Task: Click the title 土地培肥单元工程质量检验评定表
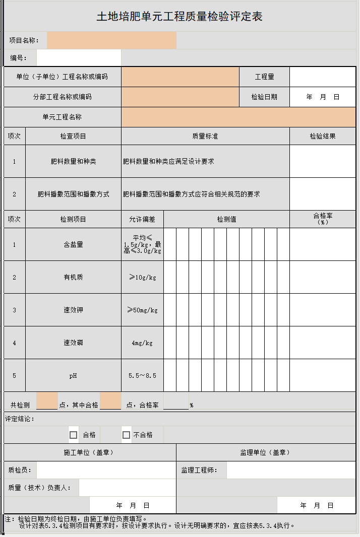pos(179,17)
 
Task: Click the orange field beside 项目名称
pos(111,40)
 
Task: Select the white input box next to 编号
pos(79,58)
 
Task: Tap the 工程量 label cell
pos(264,77)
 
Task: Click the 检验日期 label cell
pos(264,97)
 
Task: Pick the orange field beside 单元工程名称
pos(238,117)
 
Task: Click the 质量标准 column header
pos(205,136)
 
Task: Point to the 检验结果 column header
pos(322,136)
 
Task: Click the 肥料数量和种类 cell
pos(73,162)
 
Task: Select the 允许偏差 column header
pos(142,219)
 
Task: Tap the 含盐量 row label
pos(73,244)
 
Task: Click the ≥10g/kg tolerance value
pos(142,277)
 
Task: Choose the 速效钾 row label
pos(73,310)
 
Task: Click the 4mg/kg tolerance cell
pos(142,343)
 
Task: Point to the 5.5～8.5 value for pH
pos(142,375)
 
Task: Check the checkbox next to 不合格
pos(127,435)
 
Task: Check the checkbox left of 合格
pos(74,435)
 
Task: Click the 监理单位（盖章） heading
pos(266,452)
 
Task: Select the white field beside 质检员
pos(106,470)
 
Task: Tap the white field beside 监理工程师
pos(290,470)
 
